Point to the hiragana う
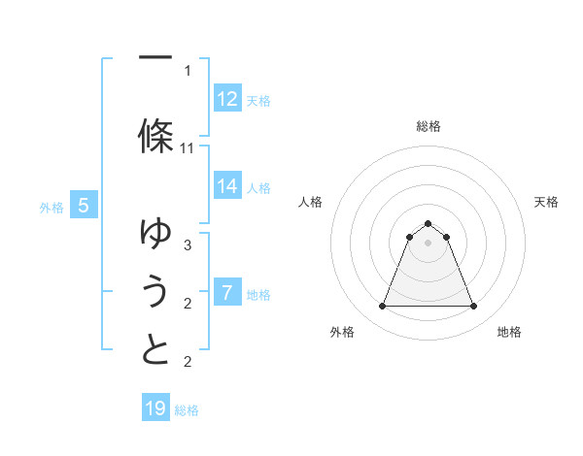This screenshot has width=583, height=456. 155,290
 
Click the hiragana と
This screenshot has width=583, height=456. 155,350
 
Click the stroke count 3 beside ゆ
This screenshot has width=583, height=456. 188,245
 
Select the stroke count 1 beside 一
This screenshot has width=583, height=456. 188,70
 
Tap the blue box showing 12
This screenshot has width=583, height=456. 227,99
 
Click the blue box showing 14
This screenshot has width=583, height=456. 227,186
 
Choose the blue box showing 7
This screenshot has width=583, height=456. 227,293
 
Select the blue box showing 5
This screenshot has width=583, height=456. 85,206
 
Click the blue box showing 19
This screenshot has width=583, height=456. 155,408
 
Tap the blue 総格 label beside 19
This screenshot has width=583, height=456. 188,410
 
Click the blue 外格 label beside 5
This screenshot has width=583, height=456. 51,207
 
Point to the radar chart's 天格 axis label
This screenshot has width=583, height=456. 546,202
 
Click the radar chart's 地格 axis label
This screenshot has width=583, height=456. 509,332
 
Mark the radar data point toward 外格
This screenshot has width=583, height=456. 382,307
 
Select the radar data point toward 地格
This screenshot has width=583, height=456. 474,307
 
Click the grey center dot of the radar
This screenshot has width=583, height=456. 428,243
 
